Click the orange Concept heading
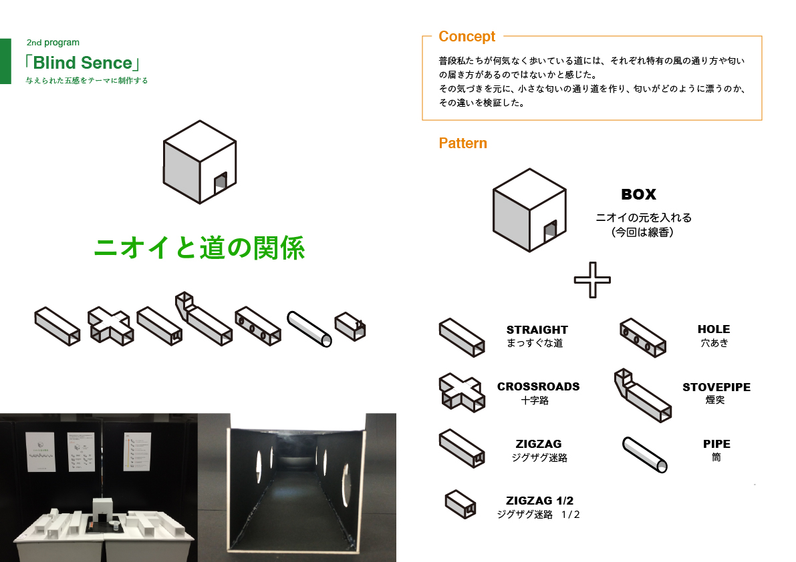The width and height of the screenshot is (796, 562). pyautogui.click(x=467, y=37)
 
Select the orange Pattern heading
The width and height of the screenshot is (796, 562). pyautogui.click(x=462, y=143)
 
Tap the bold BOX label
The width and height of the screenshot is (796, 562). pyautogui.click(x=639, y=194)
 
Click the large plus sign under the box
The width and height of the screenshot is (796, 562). pyautogui.click(x=592, y=280)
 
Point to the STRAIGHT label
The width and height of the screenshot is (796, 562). pyautogui.click(x=537, y=330)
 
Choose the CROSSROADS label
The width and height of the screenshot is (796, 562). pyautogui.click(x=538, y=386)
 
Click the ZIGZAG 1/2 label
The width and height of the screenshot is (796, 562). pyautogui.click(x=539, y=501)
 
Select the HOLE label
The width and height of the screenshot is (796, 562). pyautogui.click(x=714, y=329)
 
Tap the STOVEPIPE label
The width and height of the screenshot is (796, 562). pyautogui.click(x=716, y=387)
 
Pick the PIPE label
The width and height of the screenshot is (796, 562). pyautogui.click(x=716, y=444)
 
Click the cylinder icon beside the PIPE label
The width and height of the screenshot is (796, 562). pyautogui.click(x=644, y=455)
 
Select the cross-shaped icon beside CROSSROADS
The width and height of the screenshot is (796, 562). pyautogui.click(x=461, y=392)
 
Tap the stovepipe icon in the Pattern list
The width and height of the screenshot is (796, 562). pyautogui.click(x=642, y=395)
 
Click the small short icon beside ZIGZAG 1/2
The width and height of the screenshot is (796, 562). pyautogui.click(x=460, y=504)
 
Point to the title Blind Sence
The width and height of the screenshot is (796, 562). pyautogui.click(x=82, y=63)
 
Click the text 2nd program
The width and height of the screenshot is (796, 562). pyautogui.click(x=53, y=43)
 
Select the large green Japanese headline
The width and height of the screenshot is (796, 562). pyautogui.click(x=200, y=248)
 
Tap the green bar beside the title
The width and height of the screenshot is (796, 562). pyautogui.click(x=5, y=61)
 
